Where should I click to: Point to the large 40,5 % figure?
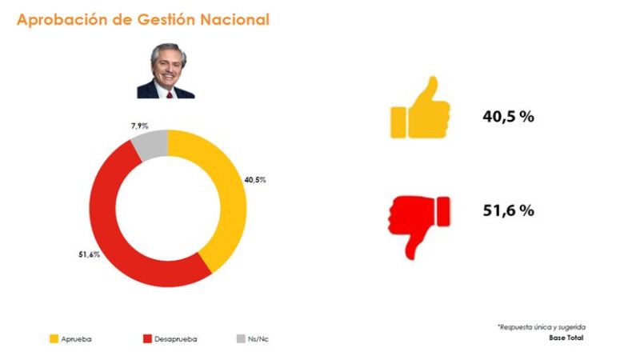pyautogui.click(x=507, y=116)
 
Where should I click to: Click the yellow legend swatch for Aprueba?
pyautogui.click(x=54, y=339)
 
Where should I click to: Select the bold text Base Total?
pyautogui.click(x=566, y=338)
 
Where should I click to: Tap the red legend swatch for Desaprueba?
pyautogui.click(x=148, y=339)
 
